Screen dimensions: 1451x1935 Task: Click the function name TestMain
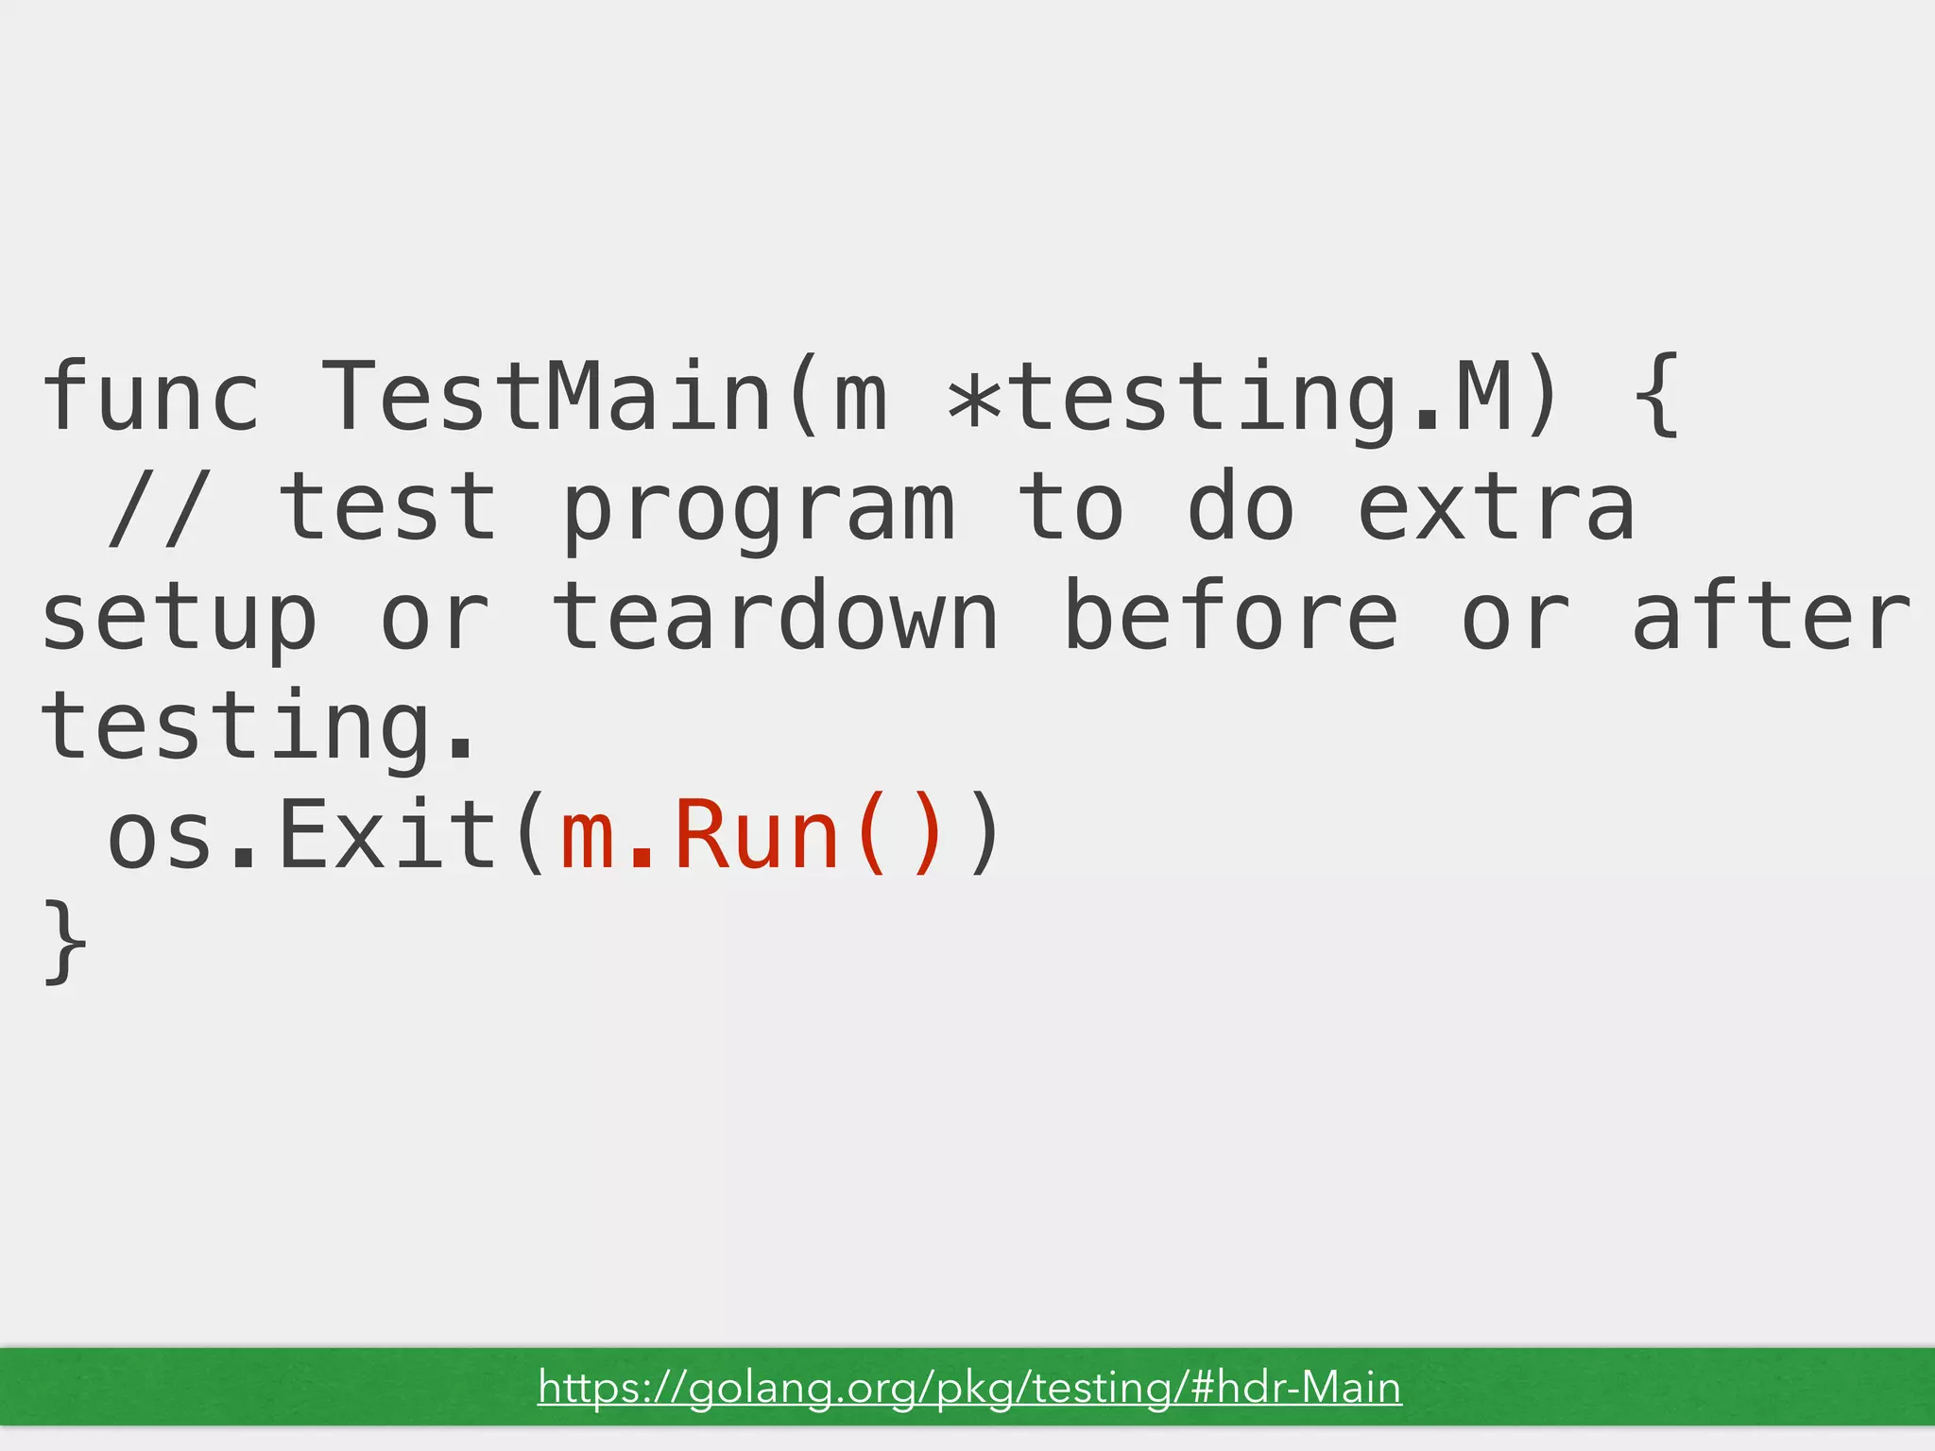(x=546, y=397)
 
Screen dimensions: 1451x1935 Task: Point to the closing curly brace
(x=64, y=943)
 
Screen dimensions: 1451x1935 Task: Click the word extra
(x=1496, y=507)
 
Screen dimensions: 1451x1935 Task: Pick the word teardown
(x=775, y=616)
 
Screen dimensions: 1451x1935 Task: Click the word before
(x=1230, y=616)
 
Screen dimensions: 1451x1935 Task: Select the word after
(x=1772, y=616)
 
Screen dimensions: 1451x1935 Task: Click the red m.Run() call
(x=751, y=835)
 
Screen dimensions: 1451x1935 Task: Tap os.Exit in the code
(x=302, y=835)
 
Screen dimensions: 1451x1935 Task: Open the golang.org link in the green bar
(x=969, y=1388)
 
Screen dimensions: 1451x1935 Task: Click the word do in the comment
(x=1240, y=507)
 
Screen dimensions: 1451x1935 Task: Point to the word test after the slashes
(x=387, y=507)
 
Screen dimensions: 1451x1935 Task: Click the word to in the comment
(x=1070, y=507)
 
